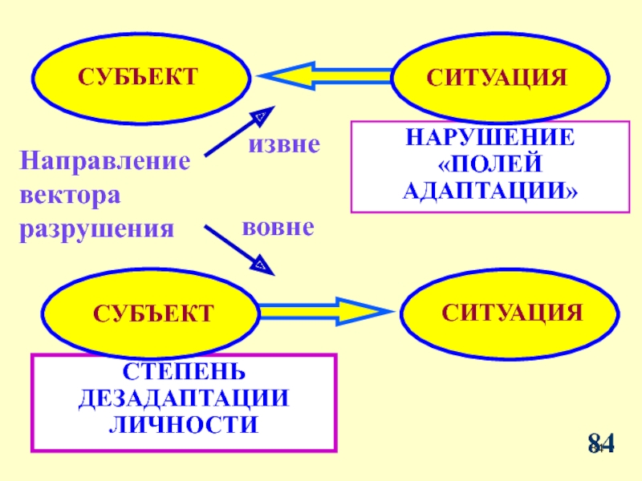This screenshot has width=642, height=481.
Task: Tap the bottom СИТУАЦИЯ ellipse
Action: tap(511, 311)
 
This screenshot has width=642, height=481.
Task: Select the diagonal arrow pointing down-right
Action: tap(239, 248)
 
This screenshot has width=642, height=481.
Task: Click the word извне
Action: tap(283, 144)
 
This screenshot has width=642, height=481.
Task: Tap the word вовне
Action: tap(277, 228)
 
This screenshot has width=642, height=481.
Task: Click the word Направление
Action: tap(105, 161)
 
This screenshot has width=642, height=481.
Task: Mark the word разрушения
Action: tap(96, 229)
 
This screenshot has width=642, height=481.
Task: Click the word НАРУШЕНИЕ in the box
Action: tap(490, 137)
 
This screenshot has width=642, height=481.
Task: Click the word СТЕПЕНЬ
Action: tap(185, 373)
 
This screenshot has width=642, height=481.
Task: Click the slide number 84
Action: tap(601, 443)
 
